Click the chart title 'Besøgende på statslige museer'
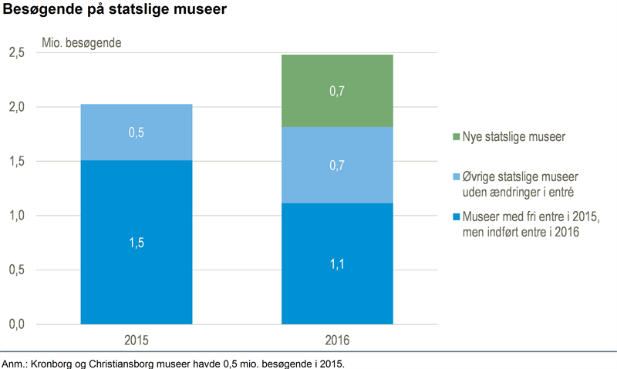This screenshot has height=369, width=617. [x=115, y=11]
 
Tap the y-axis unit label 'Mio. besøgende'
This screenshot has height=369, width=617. [x=87, y=41]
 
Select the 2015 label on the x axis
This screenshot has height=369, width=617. [x=137, y=340]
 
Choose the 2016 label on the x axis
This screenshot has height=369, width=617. [x=337, y=340]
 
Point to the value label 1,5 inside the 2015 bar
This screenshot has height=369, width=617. [x=137, y=243]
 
